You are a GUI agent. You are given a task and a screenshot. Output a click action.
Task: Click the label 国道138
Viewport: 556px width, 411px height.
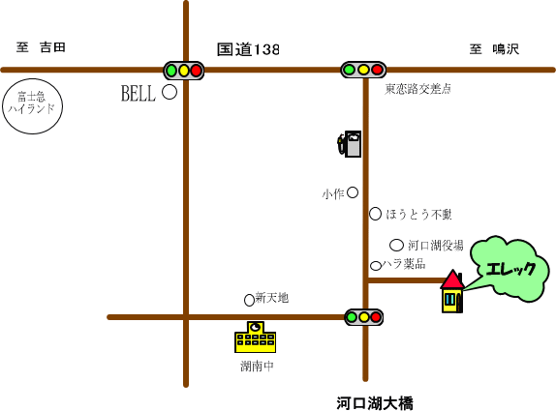[248, 49]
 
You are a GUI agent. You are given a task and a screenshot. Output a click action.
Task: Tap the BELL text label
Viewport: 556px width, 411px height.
[139, 94]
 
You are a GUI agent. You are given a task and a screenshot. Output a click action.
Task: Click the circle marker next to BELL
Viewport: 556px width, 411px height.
[170, 92]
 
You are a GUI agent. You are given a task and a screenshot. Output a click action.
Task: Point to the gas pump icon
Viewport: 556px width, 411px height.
[350, 144]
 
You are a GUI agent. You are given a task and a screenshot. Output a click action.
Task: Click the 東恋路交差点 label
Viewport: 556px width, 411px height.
[417, 89]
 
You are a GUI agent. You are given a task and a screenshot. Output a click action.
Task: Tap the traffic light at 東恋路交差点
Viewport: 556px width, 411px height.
[363, 70]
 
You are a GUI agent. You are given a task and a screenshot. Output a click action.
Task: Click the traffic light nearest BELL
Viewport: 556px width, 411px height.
[184, 71]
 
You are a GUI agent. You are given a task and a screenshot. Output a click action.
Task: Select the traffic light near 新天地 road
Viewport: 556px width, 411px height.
[364, 317]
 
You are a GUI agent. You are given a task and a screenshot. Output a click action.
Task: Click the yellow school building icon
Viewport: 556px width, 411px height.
[256, 337]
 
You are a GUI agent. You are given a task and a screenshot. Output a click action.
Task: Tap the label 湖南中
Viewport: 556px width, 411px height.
[257, 367]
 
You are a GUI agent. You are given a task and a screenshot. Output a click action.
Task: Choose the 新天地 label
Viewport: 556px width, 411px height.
[271, 298]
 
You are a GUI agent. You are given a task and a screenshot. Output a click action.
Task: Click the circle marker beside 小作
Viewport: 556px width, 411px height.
[353, 192]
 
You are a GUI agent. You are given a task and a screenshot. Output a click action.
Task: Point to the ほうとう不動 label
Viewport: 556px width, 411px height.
[418, 214]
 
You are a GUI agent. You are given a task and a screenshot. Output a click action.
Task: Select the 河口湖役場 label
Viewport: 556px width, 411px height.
[436, 245]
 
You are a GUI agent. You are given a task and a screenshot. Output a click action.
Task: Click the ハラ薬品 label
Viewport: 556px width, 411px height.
[404, 264]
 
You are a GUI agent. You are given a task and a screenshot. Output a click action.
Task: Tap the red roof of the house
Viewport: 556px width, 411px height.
[452, 279]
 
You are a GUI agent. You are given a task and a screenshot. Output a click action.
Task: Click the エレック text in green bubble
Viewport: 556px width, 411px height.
[510, 269]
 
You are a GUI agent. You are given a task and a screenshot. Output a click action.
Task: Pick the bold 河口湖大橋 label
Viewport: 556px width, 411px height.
[375, 403]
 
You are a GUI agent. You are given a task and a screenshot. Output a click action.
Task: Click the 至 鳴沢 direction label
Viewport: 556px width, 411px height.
[494, 49]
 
